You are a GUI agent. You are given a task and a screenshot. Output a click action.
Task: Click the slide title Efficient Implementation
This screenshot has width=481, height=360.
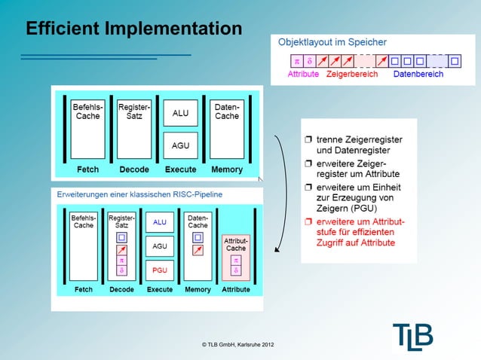[x=133, y=29]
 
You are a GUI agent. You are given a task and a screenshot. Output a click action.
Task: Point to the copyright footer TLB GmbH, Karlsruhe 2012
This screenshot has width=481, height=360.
[x=238, y=344]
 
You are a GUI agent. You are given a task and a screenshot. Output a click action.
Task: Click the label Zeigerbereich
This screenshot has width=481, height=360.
[x=352, y=75]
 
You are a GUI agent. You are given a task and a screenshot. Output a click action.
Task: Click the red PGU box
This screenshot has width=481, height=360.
[x=160, y=270]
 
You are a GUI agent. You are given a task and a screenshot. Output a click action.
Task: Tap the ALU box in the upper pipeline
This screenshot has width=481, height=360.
[x=180, y=113]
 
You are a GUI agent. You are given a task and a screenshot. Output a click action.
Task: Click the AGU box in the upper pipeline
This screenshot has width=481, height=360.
[x=180, y=145]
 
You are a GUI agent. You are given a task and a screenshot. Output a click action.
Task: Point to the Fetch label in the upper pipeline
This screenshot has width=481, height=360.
[x=87, y=169]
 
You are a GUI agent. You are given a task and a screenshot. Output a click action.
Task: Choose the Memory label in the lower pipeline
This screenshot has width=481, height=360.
[x=198, y=289]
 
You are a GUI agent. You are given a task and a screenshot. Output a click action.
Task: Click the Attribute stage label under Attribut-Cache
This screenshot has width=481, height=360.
[x=236, y=289]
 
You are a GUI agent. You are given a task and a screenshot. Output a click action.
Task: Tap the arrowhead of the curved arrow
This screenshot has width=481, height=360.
[x=278, y=250]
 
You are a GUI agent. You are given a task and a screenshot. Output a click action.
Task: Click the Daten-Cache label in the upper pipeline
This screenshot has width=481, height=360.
[x=227, y=111]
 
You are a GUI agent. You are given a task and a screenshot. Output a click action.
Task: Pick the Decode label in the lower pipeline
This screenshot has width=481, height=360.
[x=121, y=289]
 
